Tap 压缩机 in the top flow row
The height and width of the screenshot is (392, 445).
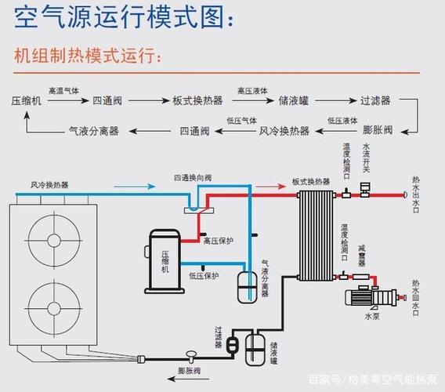[26, 101]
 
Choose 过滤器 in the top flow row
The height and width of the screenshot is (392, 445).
[375, 101]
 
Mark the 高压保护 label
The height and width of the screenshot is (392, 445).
[219, 241]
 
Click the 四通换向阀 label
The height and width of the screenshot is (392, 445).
[191, 180]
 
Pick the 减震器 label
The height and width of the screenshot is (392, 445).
[362, 257]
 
